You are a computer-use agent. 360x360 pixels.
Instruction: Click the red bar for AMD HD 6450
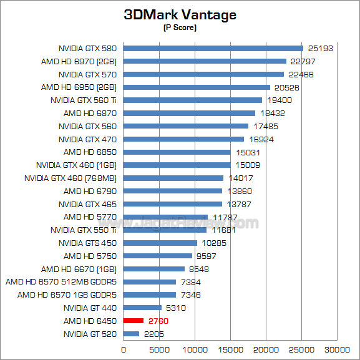(x=134, y=321)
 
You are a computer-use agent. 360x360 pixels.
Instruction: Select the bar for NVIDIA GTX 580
(x=213, y=48)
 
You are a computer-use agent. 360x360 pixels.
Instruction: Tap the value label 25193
(x=320, y=48)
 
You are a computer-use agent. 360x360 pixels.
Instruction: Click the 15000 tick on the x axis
(x=231, y=349)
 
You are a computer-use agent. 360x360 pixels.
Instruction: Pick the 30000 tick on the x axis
(x=339, y=349)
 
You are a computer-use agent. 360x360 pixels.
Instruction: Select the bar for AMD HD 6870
(x=189, y=113)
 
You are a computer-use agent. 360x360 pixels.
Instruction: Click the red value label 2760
(x=158, y=321)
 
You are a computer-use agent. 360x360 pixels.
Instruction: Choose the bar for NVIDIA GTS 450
(x=160, y=243)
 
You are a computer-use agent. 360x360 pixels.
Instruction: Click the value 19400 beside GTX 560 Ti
(x=279, y=100)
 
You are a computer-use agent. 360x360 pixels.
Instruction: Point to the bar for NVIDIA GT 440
(x=142, y=308)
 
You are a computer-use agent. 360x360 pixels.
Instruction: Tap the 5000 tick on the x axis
(x=160, y=349)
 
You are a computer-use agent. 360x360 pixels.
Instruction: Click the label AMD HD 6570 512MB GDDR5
(x=62, y=282)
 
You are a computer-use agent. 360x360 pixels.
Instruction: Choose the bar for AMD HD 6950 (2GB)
(x=197, y=87)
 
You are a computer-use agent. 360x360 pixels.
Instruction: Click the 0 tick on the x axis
(x=124, y=349)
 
